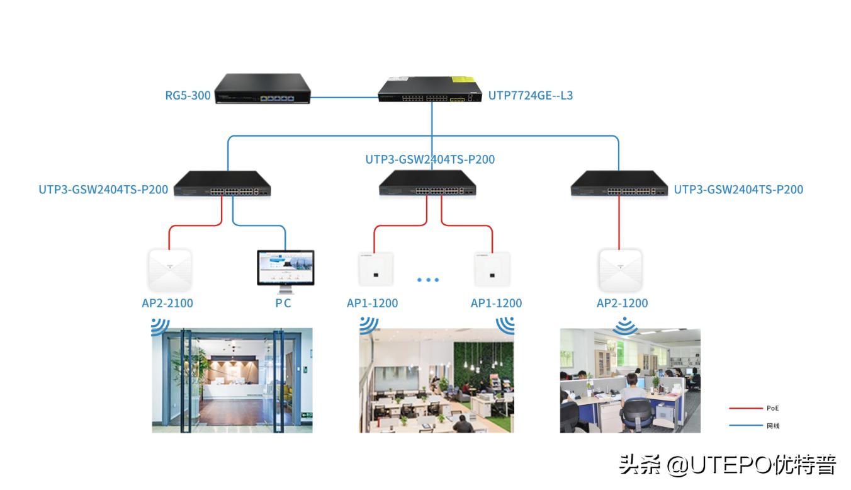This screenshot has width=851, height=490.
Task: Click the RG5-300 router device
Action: click(263, 89)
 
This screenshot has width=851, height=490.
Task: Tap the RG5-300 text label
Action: click(188, 96)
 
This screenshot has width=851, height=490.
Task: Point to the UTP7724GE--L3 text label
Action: click(531, 96)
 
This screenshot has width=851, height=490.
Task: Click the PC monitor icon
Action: click(285, 270)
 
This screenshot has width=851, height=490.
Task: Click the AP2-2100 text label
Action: click(167, 303)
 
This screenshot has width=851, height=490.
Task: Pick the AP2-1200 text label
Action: click(622, 303)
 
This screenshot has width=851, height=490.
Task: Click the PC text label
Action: click(283, 303)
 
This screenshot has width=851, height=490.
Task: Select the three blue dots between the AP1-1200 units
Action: click(428, 280)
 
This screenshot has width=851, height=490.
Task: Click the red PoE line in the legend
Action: click(745, 408)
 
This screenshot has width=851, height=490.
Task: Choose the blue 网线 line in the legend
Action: click(745, 426)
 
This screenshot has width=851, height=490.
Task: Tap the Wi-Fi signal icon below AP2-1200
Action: click(624, 326)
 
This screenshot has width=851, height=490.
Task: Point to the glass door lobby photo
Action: click(232, 380)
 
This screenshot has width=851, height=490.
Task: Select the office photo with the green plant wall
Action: click(436, 380)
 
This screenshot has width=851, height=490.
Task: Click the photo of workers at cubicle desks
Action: click(630, 380)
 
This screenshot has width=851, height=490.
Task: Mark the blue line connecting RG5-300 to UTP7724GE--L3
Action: click(345, 98)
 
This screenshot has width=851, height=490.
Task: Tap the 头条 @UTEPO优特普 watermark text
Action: click(728, 465)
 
